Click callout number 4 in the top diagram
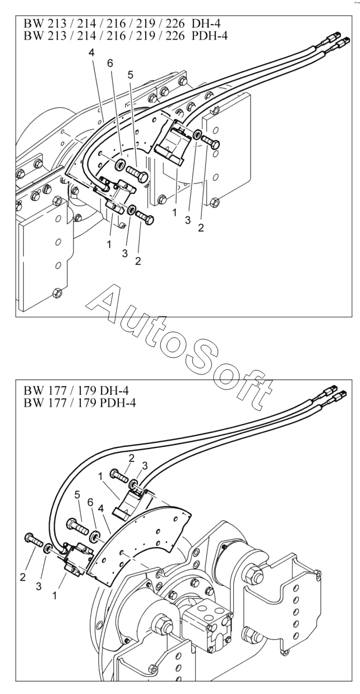(x=91, y=52)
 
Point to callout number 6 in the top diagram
(x=109, y=63)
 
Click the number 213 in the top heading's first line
(x=54, y=24)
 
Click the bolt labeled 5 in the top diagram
(x=137, y=172)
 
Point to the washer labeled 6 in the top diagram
(x=120, y=165)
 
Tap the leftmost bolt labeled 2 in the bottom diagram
(x=33, y=541)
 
